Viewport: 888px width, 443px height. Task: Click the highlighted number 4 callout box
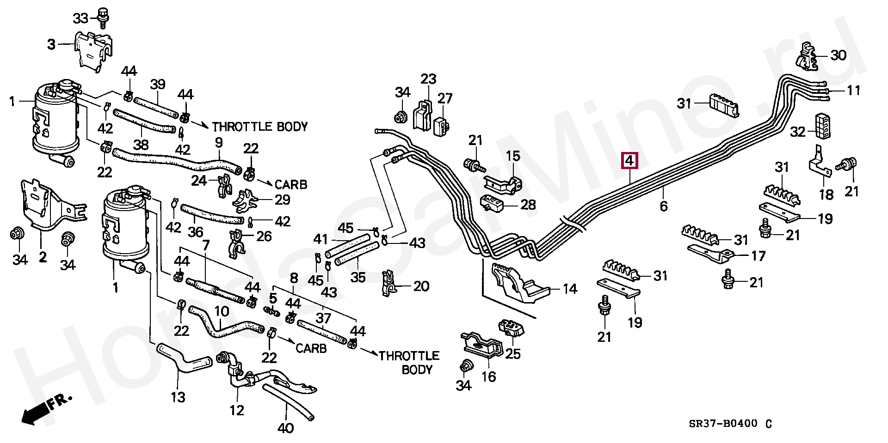point(629,161)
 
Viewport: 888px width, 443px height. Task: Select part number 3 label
point(51,45)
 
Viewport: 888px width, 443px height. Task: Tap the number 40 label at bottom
point(286,428)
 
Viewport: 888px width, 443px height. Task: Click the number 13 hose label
point(178,397)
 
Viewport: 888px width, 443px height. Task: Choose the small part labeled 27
point(443,124)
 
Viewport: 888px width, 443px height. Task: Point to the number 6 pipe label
point(663,206)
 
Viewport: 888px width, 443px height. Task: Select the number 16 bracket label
point(488,377)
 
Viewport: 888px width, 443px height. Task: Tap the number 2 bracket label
point(43,257)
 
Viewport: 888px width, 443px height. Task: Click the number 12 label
point(236,410)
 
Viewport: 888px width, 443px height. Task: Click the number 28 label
point(528,204)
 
